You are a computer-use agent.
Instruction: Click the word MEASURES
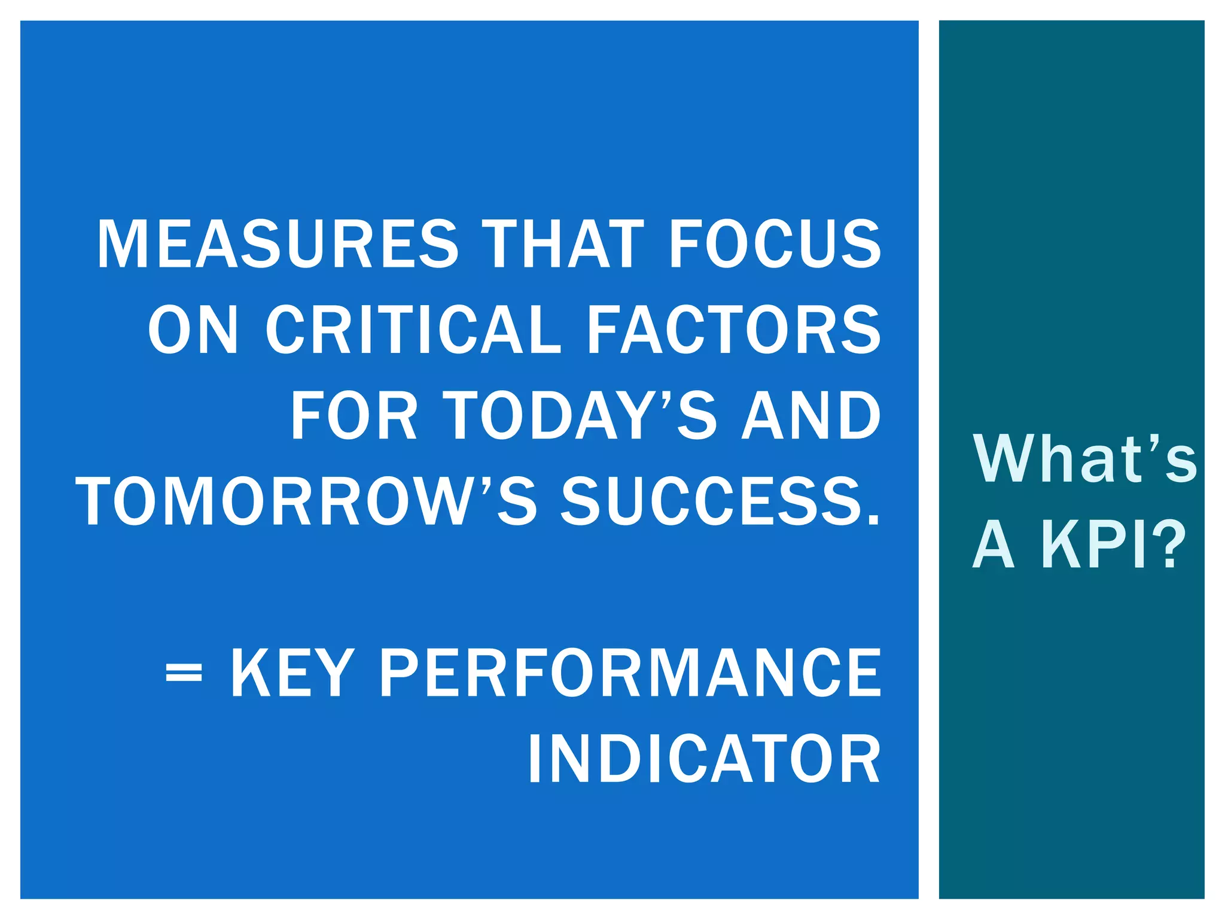click(x=278, y=244)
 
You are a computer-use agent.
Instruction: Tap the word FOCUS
click(x=775, y=244)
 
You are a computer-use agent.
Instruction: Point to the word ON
click(x=193, y=330)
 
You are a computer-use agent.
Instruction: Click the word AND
click(x=811, y=415)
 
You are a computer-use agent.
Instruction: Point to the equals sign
click(x=184, y=674)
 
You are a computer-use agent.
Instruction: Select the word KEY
click(x=292, y=674)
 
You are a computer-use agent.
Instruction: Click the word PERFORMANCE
click(x=630, y=674)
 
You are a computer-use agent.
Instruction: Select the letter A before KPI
click(x=994, y=544)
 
